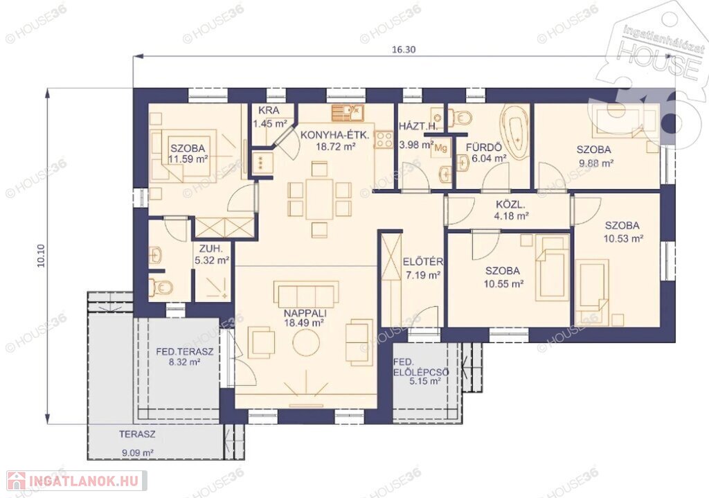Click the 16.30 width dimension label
tap(404, 49)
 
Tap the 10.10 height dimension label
tap(41, 256)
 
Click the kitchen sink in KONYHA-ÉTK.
tap(348, 113)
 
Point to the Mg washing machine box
tap(440, 148)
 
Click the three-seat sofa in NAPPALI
tap(306, 294)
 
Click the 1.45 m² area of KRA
tap(270, 123)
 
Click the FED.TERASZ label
tap(184, 351)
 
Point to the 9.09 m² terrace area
tap(138, 452)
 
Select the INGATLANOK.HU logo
tap(76, 481)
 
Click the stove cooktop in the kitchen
tap(384, 139)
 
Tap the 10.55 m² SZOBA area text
tap(503, 283)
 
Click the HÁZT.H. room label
tap(418, 126)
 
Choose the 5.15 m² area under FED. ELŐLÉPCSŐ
tap(425, 382)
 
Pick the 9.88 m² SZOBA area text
tap(595, 163)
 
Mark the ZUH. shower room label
tap(210, 249)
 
